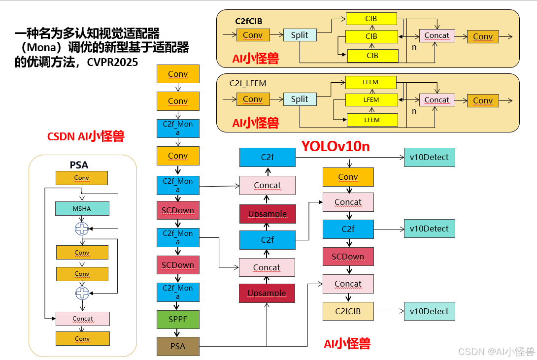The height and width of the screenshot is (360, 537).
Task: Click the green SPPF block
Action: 178,320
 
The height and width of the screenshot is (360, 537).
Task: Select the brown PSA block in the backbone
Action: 178,346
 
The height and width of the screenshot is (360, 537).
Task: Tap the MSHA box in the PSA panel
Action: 82,208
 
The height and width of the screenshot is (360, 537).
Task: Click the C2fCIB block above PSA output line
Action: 348,311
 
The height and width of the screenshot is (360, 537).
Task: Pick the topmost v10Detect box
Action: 429,158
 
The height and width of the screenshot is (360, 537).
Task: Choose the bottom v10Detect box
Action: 429,311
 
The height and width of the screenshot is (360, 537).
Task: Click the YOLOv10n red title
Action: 336,146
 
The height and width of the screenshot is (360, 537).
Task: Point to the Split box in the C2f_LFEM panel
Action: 300,99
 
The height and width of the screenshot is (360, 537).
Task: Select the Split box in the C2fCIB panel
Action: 300,35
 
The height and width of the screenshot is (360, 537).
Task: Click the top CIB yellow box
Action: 371,19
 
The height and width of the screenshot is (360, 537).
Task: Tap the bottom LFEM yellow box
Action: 372,120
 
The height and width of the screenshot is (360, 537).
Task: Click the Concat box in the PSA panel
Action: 82,319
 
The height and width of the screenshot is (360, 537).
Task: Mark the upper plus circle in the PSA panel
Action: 81,229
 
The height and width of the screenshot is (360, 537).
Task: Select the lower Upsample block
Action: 267,293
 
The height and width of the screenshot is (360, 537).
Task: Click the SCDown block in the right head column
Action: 348,257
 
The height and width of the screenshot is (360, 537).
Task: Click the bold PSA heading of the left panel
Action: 79,164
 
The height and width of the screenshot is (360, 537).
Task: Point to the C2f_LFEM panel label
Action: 248,83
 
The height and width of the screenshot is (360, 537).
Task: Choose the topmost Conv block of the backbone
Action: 178,74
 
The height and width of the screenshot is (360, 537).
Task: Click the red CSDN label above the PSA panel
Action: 85,136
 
